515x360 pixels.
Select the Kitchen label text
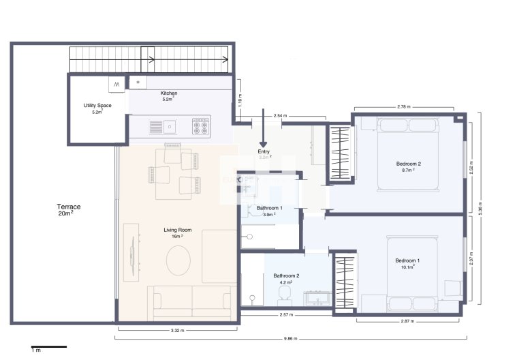pos(169,93)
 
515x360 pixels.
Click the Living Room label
pos(177,230)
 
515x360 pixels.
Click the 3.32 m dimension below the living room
pos(176,330)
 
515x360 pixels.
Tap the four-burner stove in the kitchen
pos(201,125)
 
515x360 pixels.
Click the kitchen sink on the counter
pos(169,125)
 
